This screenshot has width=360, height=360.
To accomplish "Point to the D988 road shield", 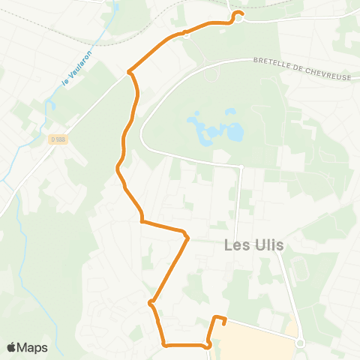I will tap(57, 139).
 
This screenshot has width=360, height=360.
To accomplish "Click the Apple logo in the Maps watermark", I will tap(11, 347).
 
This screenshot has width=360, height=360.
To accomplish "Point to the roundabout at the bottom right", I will tap(300, 343).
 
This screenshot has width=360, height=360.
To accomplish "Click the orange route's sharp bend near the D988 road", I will tap(130, 72).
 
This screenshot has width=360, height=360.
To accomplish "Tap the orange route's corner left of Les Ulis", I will tap(187, 238).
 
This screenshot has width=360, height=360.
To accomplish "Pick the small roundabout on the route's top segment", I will tap(184, 33).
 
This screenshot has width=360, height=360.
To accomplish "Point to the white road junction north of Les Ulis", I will tap(241, 166).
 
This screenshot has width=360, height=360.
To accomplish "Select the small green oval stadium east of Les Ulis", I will tap(301, 268).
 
